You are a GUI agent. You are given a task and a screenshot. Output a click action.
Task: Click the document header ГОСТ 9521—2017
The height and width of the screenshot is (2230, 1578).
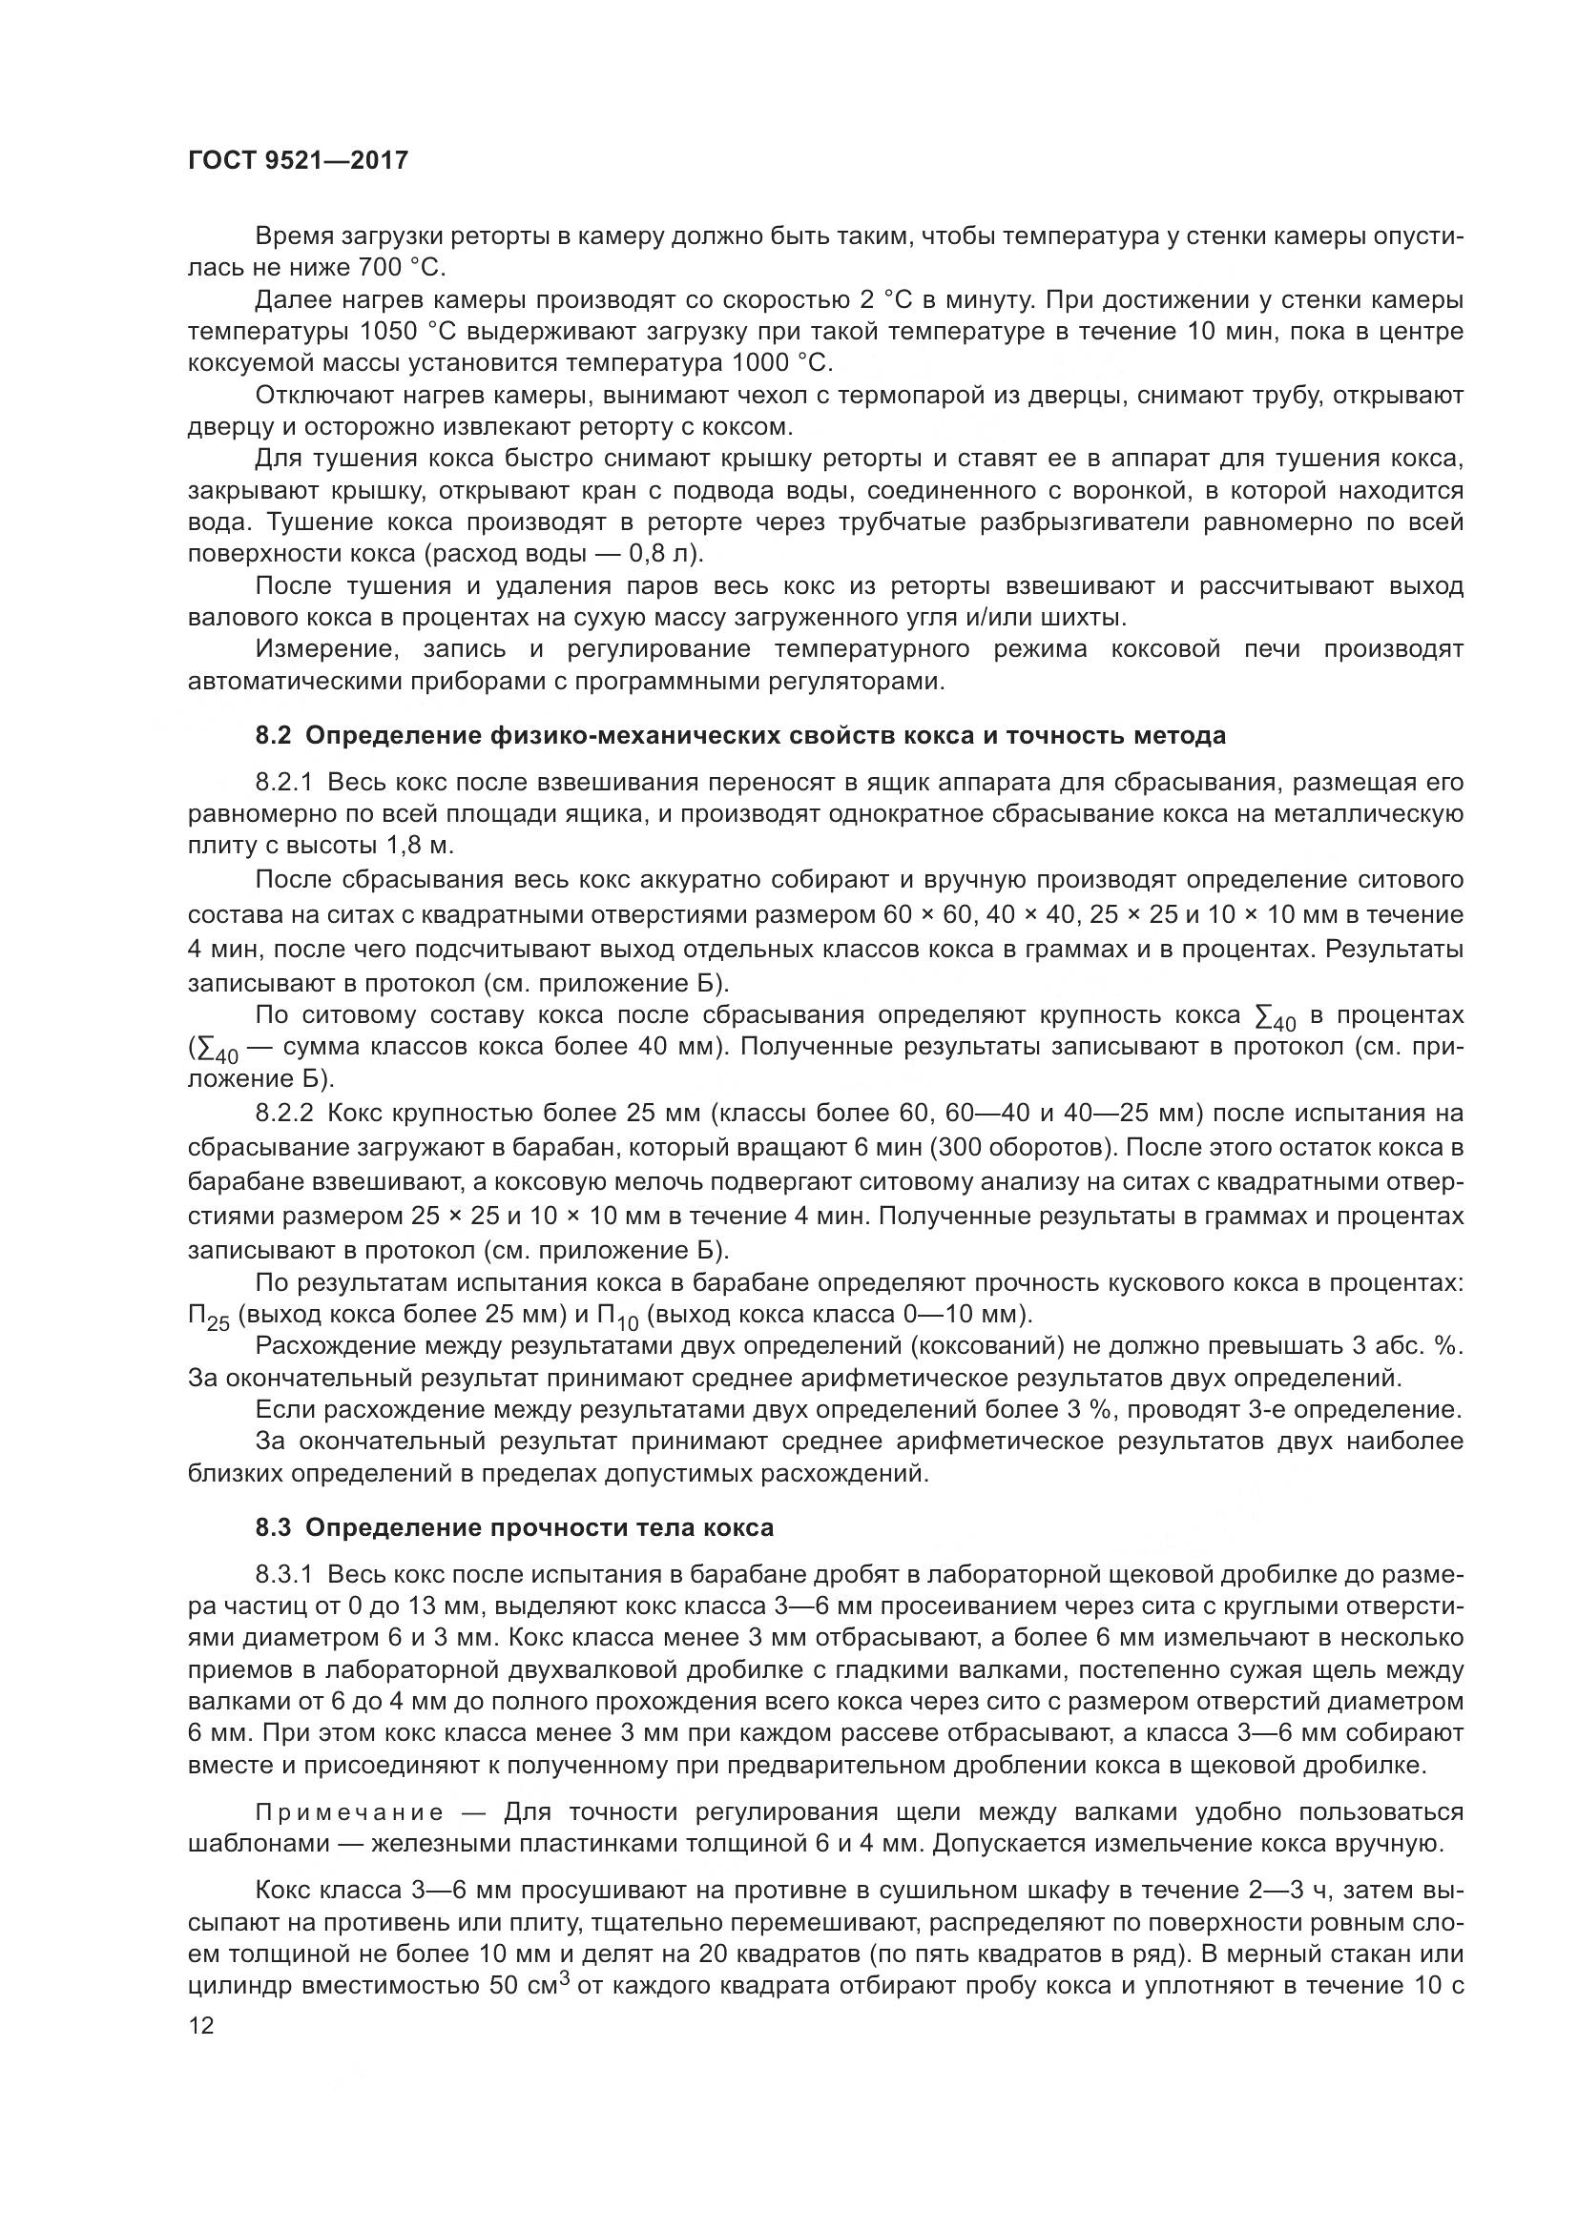pyautogui.click(x=298, y=160)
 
